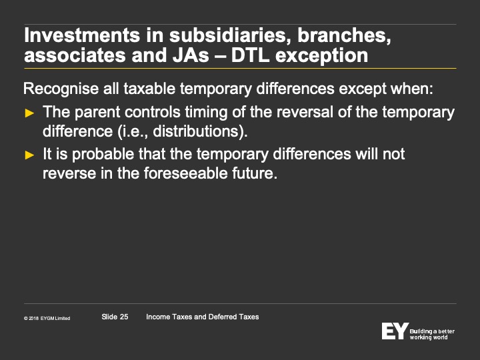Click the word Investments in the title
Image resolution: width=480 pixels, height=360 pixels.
coord(82,35)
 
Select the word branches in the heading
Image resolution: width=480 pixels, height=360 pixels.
coord(345,35)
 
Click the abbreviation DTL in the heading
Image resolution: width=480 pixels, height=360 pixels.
coord(250,55)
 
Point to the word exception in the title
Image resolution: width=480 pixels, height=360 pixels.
coord(321,56)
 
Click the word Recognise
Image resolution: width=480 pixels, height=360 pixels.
coord(61,89)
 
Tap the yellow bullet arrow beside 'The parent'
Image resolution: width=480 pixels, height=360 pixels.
coord(29,113)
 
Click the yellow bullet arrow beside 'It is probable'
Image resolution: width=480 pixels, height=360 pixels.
coord(29,155)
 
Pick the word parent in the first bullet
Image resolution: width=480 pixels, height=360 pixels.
coord(97,113)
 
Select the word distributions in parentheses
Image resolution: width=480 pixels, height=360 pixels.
coord(195,131)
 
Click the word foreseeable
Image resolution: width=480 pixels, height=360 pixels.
coord(185,173)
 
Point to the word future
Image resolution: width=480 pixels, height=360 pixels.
coord(252,173)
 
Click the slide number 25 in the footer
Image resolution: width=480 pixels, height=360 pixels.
coord(124,317)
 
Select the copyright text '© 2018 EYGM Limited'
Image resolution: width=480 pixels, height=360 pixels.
coord(47,319)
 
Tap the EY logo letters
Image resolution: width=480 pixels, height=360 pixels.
coord(395,331)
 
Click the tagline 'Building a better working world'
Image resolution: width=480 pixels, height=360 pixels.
coord(432,334)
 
